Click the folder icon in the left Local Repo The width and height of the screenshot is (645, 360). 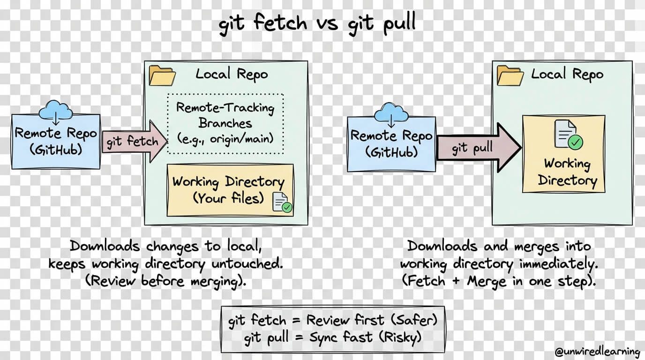coord(162,76)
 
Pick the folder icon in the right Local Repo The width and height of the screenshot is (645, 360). coord(510,75)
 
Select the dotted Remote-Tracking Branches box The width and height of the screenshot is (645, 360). coord(225,123)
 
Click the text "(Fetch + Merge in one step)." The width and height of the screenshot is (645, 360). coord(499,282)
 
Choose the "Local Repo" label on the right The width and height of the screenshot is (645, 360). coord(567,75)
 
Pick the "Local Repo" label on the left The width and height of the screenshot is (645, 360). coord(232,74)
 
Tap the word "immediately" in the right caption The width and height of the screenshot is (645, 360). coord(558,264)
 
